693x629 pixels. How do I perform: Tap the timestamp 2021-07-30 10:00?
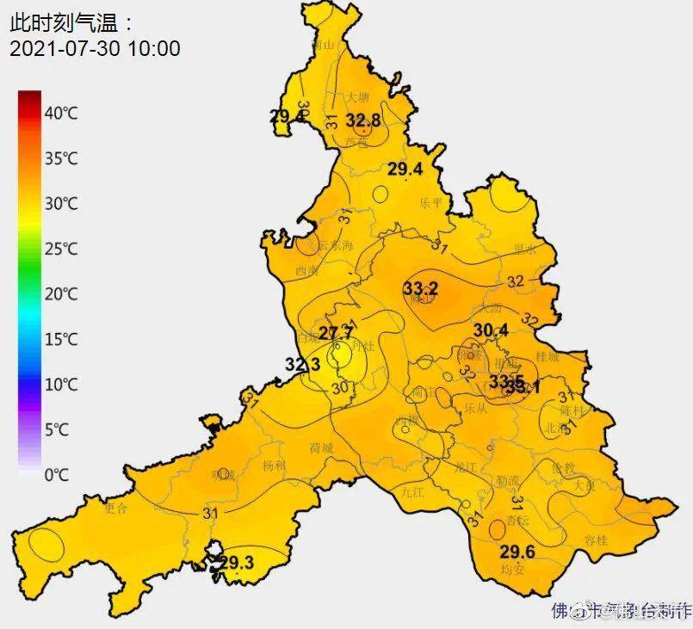point(95,48)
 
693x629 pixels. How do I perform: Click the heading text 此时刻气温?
point(72,20)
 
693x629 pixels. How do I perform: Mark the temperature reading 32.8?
point(363,120)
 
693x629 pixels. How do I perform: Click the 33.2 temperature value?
point(421,288)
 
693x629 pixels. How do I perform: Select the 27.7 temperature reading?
point(337,333)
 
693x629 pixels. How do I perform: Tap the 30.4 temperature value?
point(491,330)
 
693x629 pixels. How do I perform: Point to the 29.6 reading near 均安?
point(517,552)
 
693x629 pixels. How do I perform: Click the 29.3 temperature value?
point(236,563)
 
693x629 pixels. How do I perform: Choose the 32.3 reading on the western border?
point(302,365)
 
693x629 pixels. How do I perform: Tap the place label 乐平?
point(430,203)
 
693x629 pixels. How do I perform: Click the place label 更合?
point(114,508)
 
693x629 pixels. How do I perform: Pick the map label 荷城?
point(321,448)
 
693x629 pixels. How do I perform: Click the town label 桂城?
point(548,355)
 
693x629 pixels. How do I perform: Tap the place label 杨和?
point(275,466)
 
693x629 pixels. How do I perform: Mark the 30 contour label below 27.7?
point(339,387)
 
